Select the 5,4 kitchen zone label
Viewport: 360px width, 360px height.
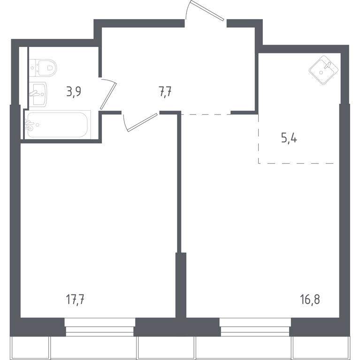point(289,139)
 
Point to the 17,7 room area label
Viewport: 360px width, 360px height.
point(75,300)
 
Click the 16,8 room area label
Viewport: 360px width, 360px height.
point(310,300)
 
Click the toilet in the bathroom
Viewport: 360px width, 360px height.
point(43,67)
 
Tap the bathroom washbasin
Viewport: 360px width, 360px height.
point(38,94)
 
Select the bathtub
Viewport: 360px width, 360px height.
point(58,125)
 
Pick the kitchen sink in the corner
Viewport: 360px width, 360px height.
point(323,70)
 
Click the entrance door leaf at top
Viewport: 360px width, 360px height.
point(207,11)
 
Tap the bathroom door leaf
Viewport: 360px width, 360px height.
point(108,96)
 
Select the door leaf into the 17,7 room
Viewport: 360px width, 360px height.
point(143,122)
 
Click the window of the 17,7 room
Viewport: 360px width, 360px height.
point(100,327)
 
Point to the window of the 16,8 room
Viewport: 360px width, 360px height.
point(255,327)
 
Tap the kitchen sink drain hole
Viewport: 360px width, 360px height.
point(321,73)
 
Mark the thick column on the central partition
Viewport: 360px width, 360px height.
point(181,285)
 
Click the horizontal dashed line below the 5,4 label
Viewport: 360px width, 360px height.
point(296,163)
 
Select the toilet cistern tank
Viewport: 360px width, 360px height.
point(34,67)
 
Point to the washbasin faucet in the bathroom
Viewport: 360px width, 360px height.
point(34,93)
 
